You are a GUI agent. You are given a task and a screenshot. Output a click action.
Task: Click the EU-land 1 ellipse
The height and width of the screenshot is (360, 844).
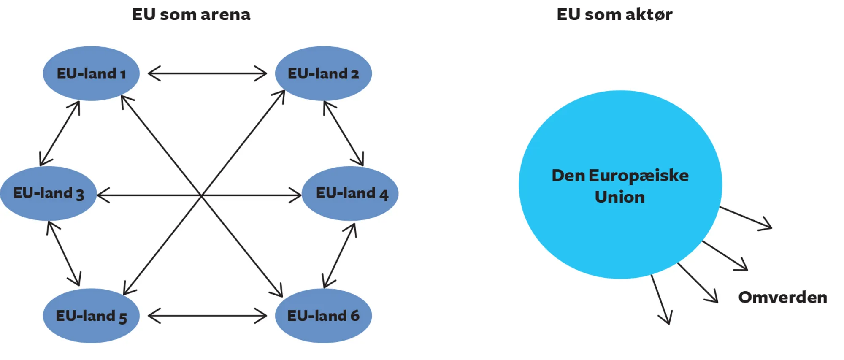pyautogui.click(x=91, y=73)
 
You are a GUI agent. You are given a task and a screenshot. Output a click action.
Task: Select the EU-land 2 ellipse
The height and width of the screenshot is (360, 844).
pyautogui.click(x=323, y=73)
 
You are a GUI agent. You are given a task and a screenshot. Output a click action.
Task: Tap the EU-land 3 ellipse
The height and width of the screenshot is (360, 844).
pyautogui.click(x=48, y=193)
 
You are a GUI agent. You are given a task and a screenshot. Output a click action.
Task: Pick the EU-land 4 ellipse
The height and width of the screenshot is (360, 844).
pyautogui.click(x=350, y=193)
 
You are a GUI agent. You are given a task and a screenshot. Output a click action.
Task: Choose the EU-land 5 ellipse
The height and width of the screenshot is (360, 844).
pyautogui.click(x=91, y=316)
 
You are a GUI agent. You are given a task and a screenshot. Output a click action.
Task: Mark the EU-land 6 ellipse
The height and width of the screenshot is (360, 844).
pyautogui.click(x=323, y=316)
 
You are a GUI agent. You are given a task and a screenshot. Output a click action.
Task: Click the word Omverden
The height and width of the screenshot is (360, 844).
pyautogui.click(x=782, y=298)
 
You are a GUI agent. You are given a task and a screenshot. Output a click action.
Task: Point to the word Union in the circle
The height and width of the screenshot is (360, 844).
pyautogui.click(x=619, y=197)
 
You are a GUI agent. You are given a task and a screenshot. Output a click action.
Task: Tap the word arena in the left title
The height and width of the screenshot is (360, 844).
pyautogui.click(x=225, y=15)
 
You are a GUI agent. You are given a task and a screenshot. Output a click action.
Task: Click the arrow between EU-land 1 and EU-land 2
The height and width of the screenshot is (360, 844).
pyautogui.click(x=207, y=73)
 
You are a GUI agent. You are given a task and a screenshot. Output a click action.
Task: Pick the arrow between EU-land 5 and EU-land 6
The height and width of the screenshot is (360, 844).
pyautogui.click(x=207, y=316)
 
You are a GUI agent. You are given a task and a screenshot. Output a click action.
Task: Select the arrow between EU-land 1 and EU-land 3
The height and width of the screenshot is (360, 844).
pyautogui.click(x=60, y=133)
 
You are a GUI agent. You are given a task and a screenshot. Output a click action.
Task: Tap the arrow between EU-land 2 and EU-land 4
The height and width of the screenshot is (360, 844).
pyautogui.click(x=343, y=133)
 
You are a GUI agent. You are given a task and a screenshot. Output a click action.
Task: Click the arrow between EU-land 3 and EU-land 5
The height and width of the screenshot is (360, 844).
pyautogui.click(x=63, y=253)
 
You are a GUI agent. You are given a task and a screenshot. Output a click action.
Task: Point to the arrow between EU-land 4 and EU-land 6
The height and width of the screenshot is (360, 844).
pyautogui.click(x=339, y=256)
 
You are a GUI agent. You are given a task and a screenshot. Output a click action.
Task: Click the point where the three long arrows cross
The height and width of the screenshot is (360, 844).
pyautogui.click(x=202, y=195)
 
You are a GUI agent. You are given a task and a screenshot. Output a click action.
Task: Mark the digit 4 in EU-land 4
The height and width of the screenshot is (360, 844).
pyautogui.click(x=383, y=195)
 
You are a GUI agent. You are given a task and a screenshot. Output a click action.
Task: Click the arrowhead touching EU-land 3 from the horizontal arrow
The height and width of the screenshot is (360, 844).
pyautogui.click(x=103, y=195)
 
